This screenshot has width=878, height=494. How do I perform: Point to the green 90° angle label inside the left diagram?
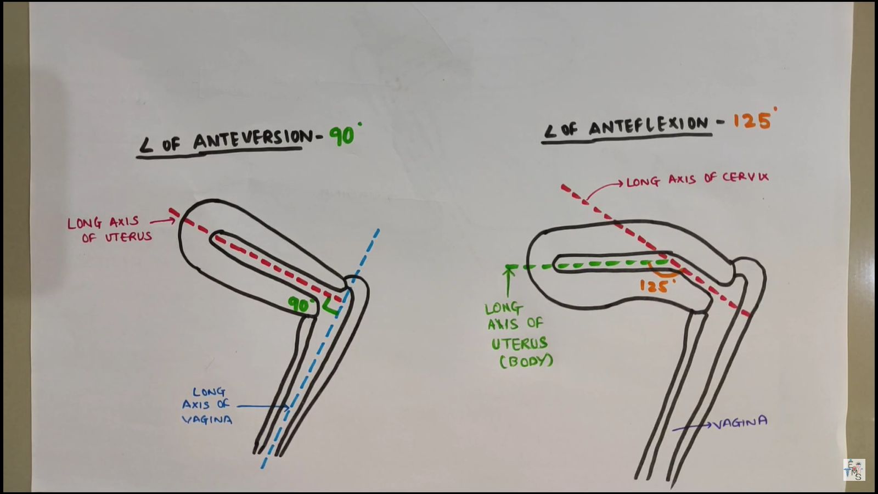pos(302,305)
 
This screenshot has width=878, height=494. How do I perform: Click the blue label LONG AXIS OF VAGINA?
pos(207,406)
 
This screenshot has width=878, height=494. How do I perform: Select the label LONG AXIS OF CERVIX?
pos(697,179)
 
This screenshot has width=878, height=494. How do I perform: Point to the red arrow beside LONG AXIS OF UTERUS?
pos(163,222)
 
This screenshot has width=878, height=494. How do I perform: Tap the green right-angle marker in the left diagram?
pos(331,307)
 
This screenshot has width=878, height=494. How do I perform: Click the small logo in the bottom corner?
pos(854,470)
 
